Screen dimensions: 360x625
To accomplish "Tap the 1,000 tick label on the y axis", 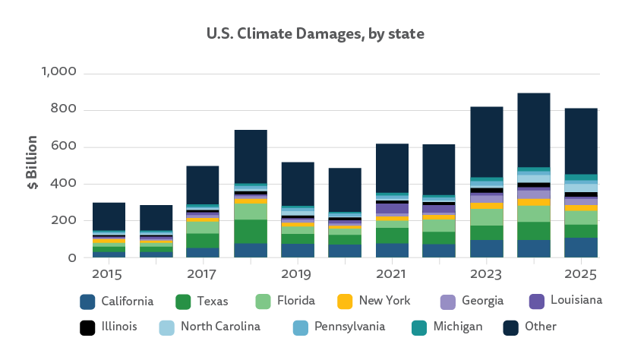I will (x=58, y=73).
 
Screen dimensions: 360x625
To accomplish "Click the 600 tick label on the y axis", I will (x=66, y=147).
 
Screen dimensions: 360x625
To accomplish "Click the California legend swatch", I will (x=87, y=302).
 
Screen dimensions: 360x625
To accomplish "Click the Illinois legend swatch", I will (x=87, y=327).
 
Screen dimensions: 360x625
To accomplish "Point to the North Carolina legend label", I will (x=219, y=327).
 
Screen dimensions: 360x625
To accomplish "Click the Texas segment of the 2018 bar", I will (x=250, y=231).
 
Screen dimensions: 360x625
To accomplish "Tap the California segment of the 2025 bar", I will (x=580, y=248).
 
